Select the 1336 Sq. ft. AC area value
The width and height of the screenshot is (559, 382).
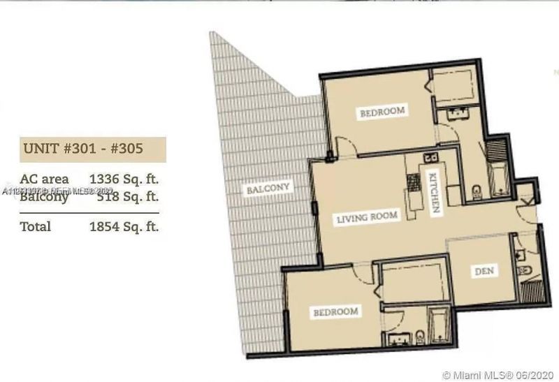[124, 179]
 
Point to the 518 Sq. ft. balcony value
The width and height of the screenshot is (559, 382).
[124, 197]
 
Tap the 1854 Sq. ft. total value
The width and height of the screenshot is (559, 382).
[124, 226]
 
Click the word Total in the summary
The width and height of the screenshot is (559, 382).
[36, 226]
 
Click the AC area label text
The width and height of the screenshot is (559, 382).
[45, 179]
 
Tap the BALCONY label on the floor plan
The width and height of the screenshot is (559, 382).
[268, 189]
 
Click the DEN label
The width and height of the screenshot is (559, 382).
[484, 271]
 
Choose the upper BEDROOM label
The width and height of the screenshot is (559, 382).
[382, 112]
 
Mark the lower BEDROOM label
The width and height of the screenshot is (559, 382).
[335, 311]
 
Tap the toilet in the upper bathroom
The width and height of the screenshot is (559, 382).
[477, 190]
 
